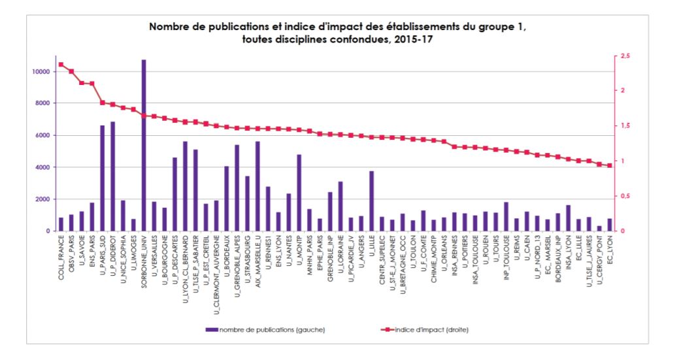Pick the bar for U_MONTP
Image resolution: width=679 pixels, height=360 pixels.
(299, 193)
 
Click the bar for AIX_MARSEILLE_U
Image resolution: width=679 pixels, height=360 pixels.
(257, 186)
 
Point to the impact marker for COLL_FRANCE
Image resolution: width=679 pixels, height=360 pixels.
(61, 64)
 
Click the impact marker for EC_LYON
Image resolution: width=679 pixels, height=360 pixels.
(610, 165)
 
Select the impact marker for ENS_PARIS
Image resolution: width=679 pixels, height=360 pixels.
(92, 84)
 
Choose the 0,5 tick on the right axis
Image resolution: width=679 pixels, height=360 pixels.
(626, 196)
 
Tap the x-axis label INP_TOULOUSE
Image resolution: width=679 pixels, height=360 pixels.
(506, 259)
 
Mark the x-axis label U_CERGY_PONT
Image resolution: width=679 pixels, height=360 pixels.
(599, 259)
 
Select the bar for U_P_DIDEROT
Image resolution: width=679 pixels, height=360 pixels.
(112, 176)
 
